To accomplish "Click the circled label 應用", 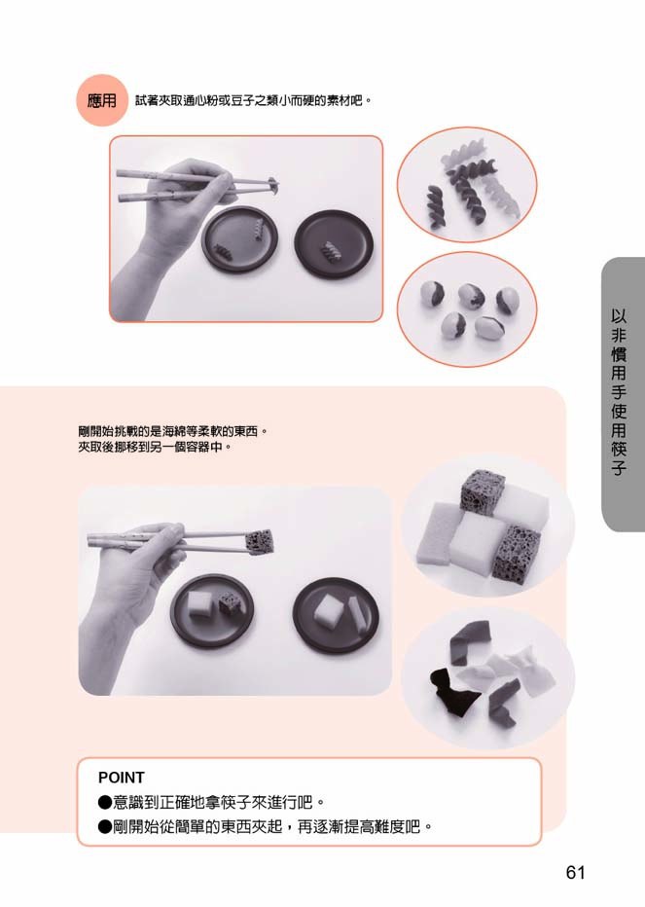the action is [101, 100].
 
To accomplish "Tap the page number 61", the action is [576, 872].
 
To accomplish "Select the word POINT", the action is [122, 778].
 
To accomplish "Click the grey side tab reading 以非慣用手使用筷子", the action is [623, 394].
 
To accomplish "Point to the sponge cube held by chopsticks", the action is [259, 541].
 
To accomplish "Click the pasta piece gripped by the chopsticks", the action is [272, 185].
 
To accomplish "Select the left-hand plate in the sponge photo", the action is [212, 609].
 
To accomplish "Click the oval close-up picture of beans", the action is [467, 309].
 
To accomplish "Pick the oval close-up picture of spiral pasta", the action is [467, 185].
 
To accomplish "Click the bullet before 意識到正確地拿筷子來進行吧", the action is [105, 802].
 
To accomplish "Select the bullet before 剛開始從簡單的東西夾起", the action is [105, 826].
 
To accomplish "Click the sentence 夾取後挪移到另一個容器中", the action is [155, 447].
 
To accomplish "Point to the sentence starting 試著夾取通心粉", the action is [253, 101].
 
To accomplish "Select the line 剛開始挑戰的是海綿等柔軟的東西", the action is [173, 431].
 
